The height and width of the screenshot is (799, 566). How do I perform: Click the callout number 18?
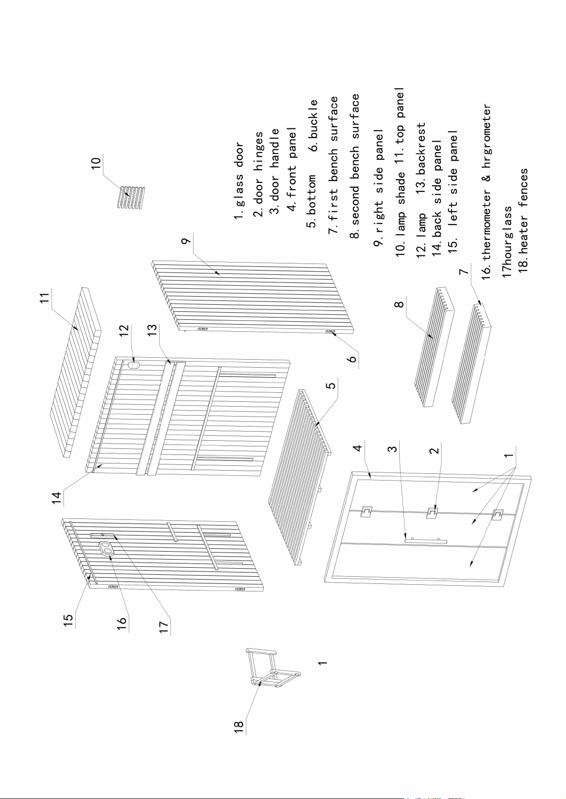(239, 727)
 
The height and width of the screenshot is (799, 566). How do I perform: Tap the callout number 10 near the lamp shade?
(96, 161)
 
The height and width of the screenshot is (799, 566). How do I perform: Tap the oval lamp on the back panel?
(134, 365)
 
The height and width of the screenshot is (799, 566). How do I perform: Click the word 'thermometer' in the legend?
(487, 207)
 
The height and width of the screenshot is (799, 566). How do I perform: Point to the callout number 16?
(122, 621)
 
